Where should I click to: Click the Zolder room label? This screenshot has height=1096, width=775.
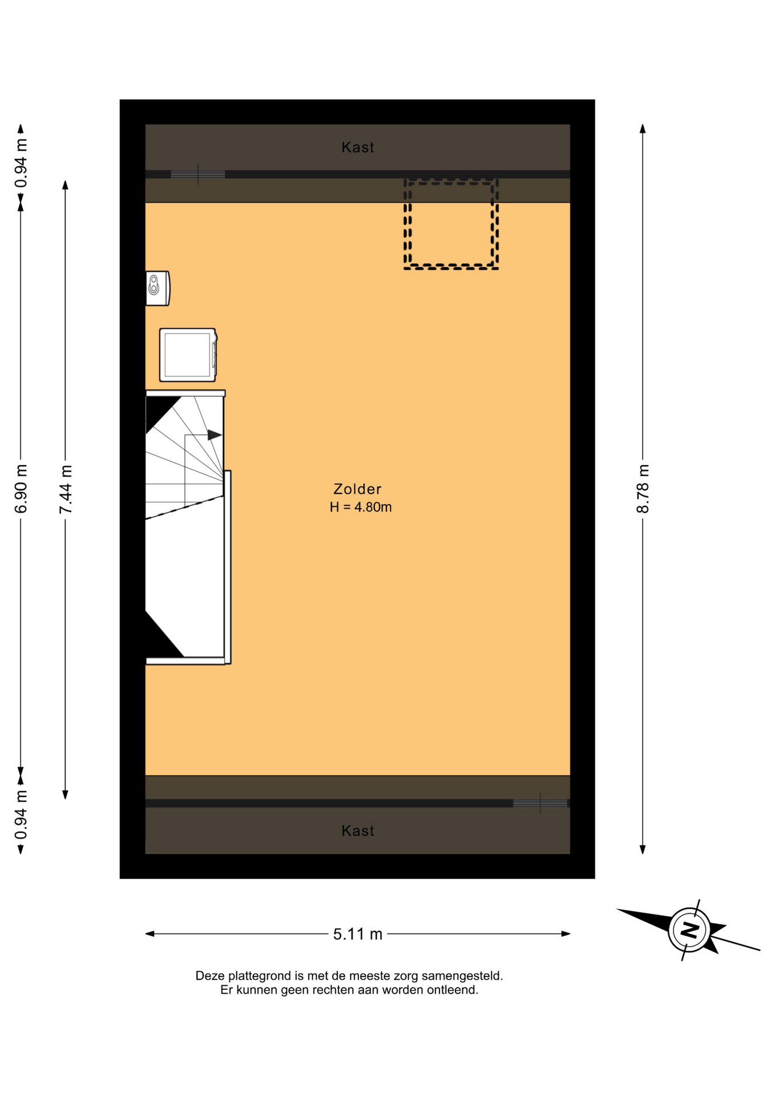coord(357,489)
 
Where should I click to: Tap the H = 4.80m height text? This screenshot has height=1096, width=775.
coord(361,507)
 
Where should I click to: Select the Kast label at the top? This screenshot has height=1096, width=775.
coord(358,147)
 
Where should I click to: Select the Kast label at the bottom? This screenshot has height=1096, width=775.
coord(358,831)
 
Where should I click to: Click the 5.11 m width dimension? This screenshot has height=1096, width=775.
coord(358,934)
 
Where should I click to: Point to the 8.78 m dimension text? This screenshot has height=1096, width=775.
coord(643,489)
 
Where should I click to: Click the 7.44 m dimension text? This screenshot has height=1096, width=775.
coord(66,489)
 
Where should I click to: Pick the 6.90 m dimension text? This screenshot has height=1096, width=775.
coord(21,489)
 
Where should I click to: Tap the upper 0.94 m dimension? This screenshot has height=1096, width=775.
coord(21,163)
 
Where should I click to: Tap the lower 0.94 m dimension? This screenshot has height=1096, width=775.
coord(21,815)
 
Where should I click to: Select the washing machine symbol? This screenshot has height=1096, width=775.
coord(188,354)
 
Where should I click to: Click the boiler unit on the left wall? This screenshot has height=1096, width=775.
coord(158,288)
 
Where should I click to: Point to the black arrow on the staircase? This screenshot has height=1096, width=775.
coord(215,435)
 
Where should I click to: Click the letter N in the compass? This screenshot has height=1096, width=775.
coord(689,930)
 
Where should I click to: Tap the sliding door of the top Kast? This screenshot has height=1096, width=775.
coord(197,174)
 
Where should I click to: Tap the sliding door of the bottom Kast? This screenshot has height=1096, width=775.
coord(540,803)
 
